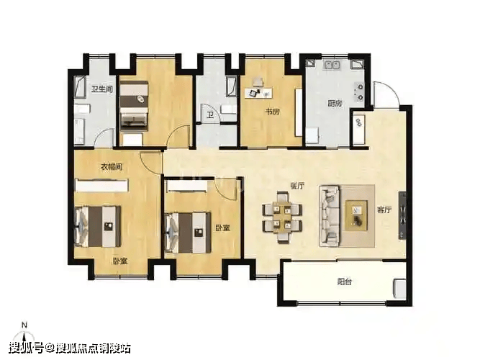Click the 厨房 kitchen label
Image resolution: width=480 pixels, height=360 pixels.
point(335,103)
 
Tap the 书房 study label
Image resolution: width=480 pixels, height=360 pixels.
point(272,112)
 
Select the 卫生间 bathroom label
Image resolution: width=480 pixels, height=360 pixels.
point(102,89)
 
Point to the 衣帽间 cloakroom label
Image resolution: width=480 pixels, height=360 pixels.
point(112,167)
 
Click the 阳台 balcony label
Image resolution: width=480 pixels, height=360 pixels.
point(345,282)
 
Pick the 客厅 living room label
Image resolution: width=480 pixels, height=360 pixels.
point(384,210)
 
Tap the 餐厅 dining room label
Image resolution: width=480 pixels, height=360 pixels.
point(297,186)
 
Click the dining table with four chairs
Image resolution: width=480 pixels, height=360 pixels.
point(282,217)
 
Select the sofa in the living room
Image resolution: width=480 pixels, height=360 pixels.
point(330,216)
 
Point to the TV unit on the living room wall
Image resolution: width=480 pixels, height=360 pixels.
point(402,215)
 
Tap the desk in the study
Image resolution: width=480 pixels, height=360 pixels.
point(258,93)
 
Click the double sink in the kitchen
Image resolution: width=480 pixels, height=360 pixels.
point(332,65)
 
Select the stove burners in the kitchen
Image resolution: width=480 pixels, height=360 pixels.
point(359,92)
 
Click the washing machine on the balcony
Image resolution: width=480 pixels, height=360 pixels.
point(400,288)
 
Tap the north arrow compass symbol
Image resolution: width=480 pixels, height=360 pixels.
point(24,333)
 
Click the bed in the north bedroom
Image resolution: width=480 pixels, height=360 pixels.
point(134,106)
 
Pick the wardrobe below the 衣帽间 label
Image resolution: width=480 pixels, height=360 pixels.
point(101,186)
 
